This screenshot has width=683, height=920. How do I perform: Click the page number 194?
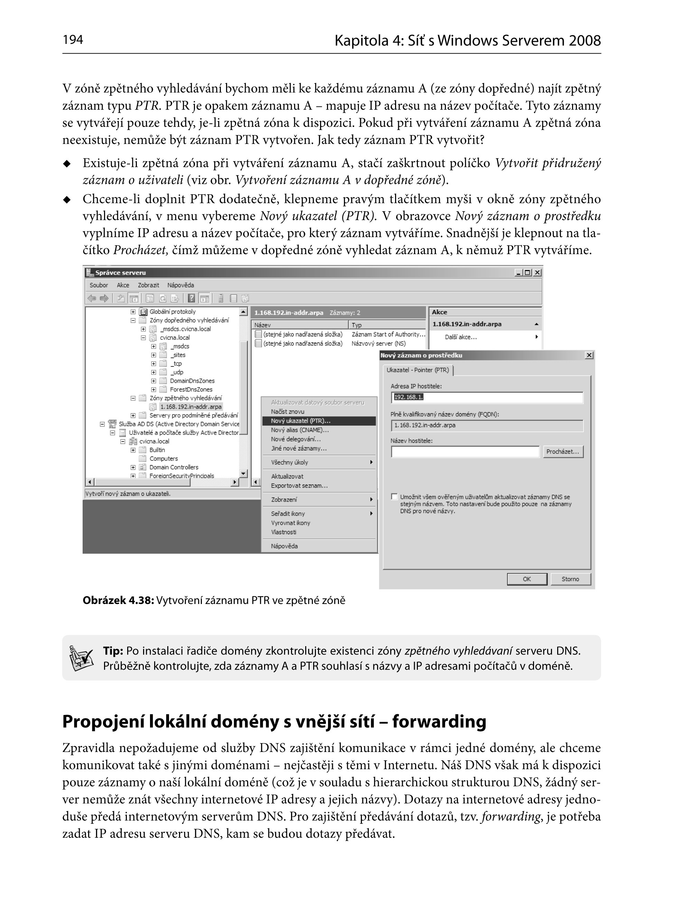[x=73, y=40]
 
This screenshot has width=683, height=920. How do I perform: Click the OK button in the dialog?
[x=527, y=579]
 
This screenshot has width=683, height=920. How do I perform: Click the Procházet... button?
[x=563, y=452]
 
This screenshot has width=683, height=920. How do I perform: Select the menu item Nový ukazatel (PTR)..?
[x=301, y=421]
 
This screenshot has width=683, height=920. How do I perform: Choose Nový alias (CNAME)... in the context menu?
[x=300, y=430]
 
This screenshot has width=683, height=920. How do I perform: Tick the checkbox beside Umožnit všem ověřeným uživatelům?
[x=394, y=496]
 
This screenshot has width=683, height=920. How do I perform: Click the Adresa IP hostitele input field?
[x=487, y=397]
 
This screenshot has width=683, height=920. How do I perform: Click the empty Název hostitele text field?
[x=465, y=452]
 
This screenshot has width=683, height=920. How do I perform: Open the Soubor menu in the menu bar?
[x=99, y=285]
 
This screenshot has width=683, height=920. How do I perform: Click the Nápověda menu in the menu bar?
[x=180, y=285]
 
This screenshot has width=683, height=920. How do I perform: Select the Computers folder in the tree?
[x=163, y=458]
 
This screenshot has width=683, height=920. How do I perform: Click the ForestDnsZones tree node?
[x=191, y=389]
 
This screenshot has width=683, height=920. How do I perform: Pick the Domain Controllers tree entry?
[x=174, y=467]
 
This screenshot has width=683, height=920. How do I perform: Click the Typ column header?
[x=357, y=325]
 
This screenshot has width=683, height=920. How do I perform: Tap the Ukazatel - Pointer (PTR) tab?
[x=418, y=370]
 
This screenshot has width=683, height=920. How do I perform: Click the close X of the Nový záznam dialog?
[x=589, y=355]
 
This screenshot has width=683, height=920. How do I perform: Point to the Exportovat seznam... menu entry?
[x=299, y=486]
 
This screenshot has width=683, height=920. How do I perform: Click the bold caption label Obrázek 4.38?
[x=118, y=601]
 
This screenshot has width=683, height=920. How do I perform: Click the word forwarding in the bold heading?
[x=439, y=722]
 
